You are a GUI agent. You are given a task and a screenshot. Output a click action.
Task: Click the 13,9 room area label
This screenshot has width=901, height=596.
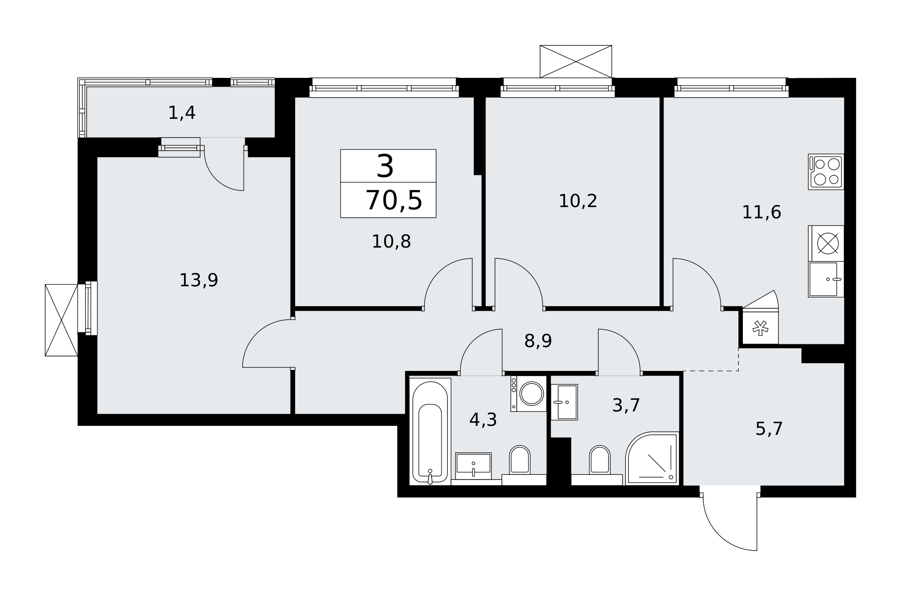point(199,280)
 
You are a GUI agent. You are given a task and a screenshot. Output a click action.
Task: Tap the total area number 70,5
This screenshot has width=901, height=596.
point(394,200)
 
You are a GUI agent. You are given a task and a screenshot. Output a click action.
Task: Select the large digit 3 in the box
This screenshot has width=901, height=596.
point(385,166)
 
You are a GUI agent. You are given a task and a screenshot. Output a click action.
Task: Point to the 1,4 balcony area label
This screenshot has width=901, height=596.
point(182,113)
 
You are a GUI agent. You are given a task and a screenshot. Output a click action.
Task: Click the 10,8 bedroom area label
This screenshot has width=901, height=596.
point(391,242)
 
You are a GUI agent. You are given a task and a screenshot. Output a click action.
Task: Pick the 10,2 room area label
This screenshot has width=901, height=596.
point(578,201)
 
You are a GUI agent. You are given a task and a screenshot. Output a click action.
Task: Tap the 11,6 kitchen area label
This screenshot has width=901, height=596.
point(761,212)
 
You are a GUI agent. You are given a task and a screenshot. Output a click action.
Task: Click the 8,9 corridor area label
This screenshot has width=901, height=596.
point(538,341)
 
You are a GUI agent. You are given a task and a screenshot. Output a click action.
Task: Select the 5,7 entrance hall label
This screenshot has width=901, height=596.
point(769,429)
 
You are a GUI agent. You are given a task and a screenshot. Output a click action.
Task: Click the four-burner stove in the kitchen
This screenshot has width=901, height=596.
point(826,172)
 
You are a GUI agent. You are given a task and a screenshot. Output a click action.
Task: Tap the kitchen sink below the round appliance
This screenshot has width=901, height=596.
point(826,279)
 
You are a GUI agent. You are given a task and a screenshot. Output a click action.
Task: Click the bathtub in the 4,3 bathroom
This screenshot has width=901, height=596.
point(430,431)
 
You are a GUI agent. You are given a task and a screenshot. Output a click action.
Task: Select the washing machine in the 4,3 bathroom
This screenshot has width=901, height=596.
point(528,394)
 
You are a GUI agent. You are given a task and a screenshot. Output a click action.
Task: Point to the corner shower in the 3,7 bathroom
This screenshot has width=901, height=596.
point(652,458)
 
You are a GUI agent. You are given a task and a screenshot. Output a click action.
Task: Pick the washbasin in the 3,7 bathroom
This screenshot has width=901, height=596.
point(564,402)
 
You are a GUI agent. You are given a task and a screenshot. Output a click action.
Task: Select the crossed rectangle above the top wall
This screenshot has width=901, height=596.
point(576,61)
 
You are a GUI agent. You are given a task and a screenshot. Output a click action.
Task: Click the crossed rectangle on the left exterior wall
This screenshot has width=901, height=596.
point(61,320)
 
